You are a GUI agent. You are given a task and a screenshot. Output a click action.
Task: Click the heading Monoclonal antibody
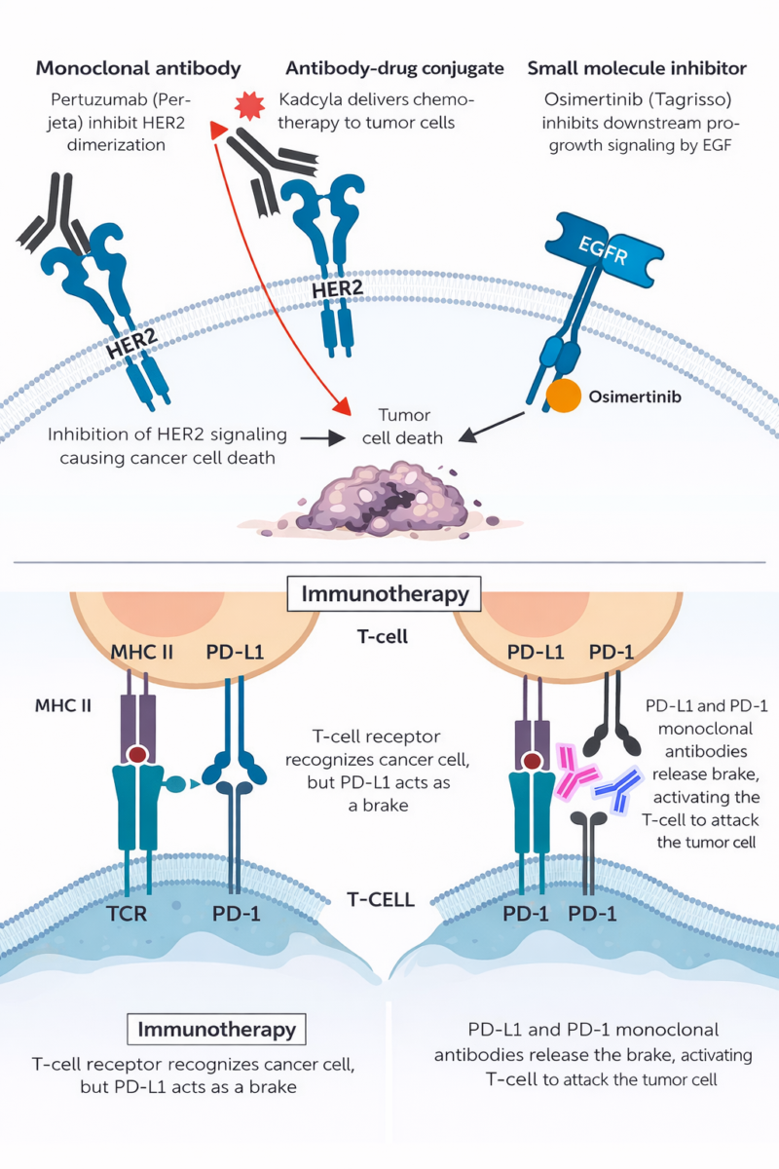point(138,69)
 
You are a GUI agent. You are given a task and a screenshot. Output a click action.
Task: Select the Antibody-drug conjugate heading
point(395,69)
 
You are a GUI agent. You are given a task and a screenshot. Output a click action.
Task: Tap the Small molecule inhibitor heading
point(637,69)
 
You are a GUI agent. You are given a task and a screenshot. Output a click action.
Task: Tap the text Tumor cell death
point(402,427)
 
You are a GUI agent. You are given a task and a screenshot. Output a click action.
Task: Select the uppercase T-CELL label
point(381,900)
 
